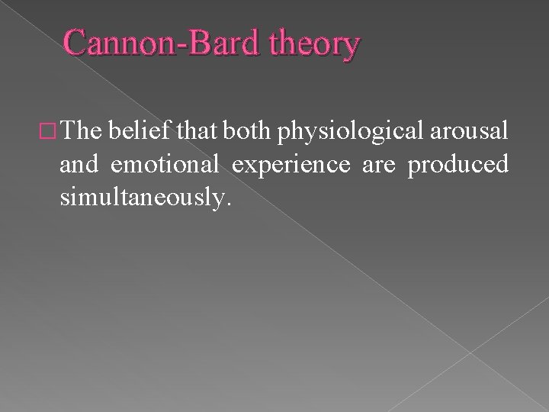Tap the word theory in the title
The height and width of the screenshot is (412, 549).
(313, 46)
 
